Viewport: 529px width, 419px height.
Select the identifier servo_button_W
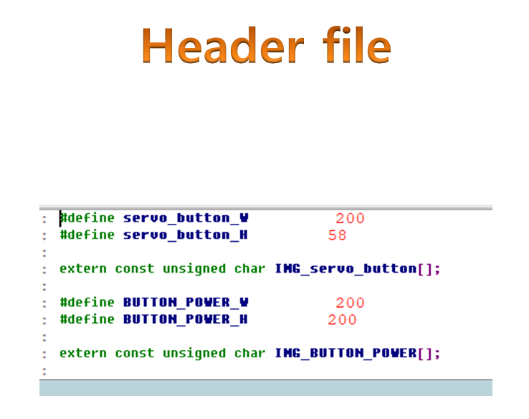click(186, 218)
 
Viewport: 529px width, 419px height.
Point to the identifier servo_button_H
click(186, 235)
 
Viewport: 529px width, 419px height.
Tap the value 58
click(338, 235)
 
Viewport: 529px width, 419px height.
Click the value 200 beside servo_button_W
click(350, 218)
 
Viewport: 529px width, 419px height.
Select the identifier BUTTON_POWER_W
click(186, 303)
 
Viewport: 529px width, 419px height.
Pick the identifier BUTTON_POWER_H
click(186, 319)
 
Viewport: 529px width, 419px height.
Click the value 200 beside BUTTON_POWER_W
click(350, 303)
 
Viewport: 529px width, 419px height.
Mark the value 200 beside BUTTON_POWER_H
click(342, 319)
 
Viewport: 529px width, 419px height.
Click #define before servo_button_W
click(87, 218)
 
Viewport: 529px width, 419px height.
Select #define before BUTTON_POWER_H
click(87, 319)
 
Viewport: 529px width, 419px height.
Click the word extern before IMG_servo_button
click(82, 269)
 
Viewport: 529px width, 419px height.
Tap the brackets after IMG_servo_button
click(425, 269)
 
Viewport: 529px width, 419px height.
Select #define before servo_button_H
click(87, 235)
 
